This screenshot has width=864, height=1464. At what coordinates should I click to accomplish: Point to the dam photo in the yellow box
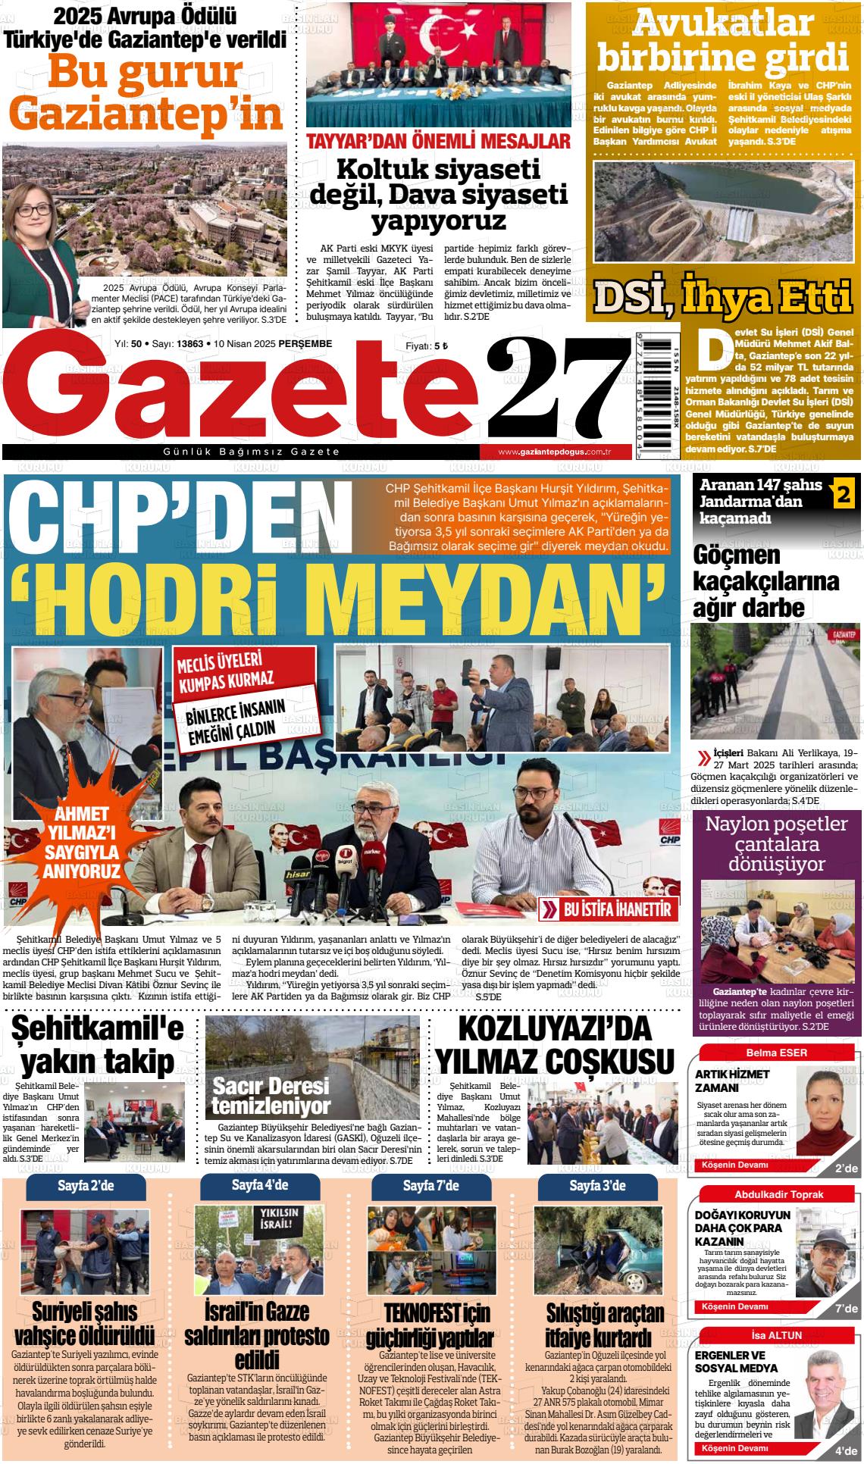(x=726, y=213)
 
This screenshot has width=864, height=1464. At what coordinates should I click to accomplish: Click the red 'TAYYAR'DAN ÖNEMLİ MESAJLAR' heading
(x=438, y=141)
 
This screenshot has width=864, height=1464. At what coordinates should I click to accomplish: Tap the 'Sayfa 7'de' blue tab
(x=430, y=1185)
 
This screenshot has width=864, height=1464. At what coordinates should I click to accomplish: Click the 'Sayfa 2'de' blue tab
(x=86, y=1185)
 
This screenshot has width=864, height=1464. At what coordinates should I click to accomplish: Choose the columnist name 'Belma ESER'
(x=777, y=1053)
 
